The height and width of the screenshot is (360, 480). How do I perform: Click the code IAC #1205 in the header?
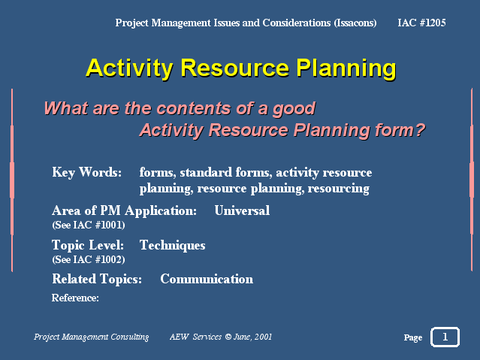[421, 23]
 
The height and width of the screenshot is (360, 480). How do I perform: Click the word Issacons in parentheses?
[355, 23]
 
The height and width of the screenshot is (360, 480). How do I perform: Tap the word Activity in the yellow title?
[129, 68]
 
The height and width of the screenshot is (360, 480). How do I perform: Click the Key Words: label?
[86, 172]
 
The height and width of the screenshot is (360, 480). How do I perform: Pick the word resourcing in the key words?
[338, 189]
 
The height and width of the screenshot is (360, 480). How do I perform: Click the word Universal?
[242, 210]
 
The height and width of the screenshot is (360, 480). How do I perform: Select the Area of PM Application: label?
[124, 210]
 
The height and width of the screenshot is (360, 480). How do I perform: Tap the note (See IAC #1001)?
[89, 225]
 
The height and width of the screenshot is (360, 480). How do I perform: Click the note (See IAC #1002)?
[89, 260]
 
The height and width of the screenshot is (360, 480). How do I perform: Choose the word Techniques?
[172, 246]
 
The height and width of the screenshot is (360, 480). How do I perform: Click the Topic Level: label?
[88, 245]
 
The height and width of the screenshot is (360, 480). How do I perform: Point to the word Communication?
[207, 279]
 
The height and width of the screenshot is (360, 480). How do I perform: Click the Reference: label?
[75, 298]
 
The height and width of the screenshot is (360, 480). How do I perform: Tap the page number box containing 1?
[445, 337]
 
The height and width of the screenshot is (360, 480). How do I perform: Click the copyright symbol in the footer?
[228, 337]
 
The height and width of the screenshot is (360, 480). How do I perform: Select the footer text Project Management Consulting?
[91, 337]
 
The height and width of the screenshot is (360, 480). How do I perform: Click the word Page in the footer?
[413, 337]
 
